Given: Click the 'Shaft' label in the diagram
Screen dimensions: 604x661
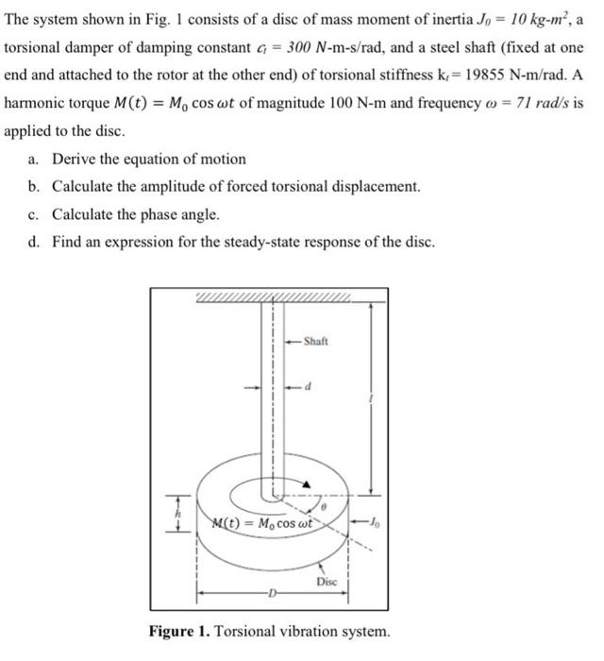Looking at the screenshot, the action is pos(316,341).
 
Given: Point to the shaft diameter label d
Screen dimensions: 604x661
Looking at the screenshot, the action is pos(307,385).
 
